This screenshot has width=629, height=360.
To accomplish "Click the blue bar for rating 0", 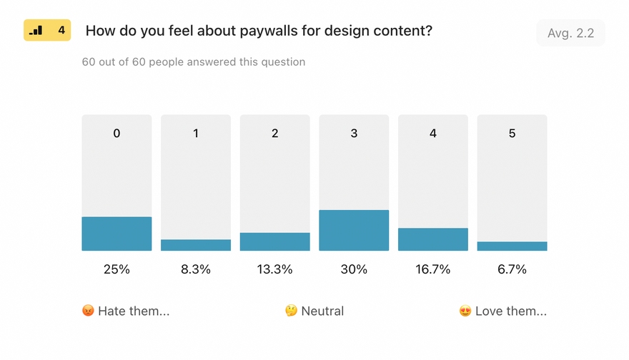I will coord(117,234).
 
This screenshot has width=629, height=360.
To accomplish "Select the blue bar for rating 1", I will coord(196,245).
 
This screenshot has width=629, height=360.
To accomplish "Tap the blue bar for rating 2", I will coord(274,241).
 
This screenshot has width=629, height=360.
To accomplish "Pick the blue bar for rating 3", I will coord(354,230).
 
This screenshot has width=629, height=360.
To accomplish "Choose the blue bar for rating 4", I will coord(432,239).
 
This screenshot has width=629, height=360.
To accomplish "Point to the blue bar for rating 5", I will coord(512,246).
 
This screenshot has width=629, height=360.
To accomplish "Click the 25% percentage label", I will coord(117,269).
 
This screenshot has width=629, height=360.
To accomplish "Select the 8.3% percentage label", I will coord(196,269).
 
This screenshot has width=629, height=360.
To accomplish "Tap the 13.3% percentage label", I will coord(274,269).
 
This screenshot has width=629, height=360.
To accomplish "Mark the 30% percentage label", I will coord(354,269).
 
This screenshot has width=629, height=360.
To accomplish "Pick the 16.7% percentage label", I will coord(432,269).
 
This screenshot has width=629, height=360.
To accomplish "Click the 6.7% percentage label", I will coord(512,269).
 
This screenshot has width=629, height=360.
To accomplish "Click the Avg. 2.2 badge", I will coord(570,33).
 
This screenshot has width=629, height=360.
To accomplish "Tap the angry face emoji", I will coord(89,311).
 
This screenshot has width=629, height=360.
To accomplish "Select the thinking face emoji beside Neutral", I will coord(291,311).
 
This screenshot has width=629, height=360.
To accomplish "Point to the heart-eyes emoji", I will coord(465,311).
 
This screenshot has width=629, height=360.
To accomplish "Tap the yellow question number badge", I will coord(47,31).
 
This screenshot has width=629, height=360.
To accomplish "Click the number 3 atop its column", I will coord(354,133).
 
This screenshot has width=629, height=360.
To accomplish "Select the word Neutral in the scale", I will coord(322,311).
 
